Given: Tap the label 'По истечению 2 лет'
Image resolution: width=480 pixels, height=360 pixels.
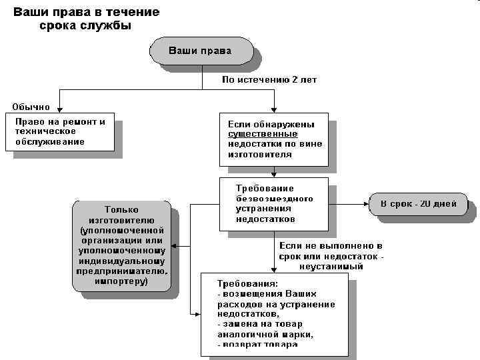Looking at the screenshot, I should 269,80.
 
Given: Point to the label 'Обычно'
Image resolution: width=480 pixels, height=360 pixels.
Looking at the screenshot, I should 31,106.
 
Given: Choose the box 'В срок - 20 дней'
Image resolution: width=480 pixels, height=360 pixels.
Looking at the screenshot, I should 418,204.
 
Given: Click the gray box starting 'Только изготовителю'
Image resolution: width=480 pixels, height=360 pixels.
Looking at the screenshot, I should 121,245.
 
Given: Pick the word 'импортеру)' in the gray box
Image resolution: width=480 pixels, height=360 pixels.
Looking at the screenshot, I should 121,281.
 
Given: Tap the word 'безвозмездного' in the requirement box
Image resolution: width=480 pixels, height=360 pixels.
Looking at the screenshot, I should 274,199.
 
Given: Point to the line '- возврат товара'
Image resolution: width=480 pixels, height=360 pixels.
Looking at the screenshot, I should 257,345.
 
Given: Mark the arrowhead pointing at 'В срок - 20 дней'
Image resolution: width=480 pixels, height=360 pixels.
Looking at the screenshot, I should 365,203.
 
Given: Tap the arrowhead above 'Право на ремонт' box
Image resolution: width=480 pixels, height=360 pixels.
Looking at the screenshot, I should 61,111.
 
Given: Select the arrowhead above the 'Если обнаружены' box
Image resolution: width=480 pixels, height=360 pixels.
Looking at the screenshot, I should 275,111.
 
